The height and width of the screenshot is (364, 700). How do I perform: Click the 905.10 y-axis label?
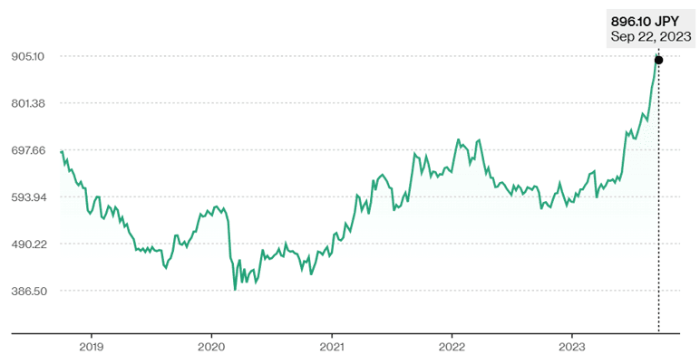pyautogui.click(x=29, y=56)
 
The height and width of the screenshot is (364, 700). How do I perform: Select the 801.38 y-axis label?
pyautogui.click(x=29, y=103)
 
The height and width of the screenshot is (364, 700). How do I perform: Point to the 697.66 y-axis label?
pyautogui.click(x=29, y=150)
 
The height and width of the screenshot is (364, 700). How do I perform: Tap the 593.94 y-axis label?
pyautogui.click(x=29, y=197)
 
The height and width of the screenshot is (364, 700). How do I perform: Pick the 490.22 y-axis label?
pyautogui.click(x=29, y=244)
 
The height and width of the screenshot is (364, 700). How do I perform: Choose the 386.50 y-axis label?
pyautogui.click(x=29, y=292)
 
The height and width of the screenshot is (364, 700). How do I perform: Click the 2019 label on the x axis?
pyautogui.click(x=92, y=346)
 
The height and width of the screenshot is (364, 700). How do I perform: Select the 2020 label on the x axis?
pyautogui.click(x=211, y=346)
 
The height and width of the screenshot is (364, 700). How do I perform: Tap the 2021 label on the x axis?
pyautogui.click(x=333, y=346)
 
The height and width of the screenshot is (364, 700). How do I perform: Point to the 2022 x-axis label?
pyautogui.click(x=452, y=346)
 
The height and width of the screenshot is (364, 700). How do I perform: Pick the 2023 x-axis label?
pyautogui.click(x=573, y=346)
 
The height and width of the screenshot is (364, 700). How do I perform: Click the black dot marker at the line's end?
pyautogui.click(x=658, y=60)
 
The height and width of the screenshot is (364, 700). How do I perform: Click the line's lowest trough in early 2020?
pyautogui.click(x=235, y=290)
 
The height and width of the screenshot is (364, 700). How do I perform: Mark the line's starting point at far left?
pyautogui.click(x=61, y=151)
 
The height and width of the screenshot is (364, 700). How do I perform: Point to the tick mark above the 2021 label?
pyautogui.click(x=333, y=335)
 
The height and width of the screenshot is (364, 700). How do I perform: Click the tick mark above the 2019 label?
pyautogui.click(x=92, y=335)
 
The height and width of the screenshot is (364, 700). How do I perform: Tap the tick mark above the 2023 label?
pyautogui.click(x=573, y=335)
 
